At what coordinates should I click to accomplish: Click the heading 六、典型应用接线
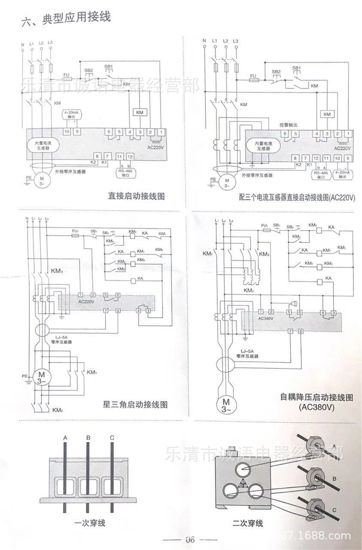[66, 19]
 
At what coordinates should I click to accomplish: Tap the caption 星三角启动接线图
[135, 404]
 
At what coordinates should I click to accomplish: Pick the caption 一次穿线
[90, 523]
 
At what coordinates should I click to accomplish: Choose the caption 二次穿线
[248, 524]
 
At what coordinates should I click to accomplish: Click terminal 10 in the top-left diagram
[66, 131]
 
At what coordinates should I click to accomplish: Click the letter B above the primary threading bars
[88, 438]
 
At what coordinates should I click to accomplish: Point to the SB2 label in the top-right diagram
[276, 72]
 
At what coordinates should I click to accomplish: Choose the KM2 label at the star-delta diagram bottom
[57, 411]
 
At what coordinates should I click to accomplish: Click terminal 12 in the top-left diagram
[129, 156]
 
